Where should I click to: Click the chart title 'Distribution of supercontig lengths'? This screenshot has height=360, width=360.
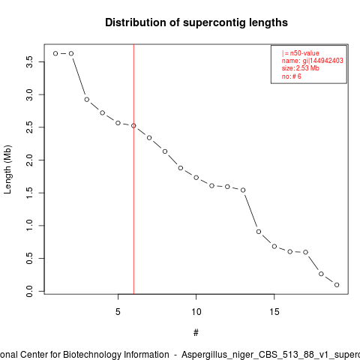click(196, 22)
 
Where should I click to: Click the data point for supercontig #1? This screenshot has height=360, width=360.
click(55, 53)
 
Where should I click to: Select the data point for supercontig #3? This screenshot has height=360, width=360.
click(87, 100)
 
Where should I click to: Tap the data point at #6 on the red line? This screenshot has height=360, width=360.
click(133, 125)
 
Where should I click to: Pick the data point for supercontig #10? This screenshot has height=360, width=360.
click(196, 178)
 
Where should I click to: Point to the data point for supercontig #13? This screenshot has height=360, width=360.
click(243, 190)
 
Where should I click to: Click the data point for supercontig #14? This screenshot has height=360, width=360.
click(259, 232)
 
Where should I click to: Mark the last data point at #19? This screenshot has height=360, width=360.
click(337, 285)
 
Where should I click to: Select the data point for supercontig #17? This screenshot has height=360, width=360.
click(305, 252)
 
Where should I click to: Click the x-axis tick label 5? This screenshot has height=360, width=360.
click(118, 312)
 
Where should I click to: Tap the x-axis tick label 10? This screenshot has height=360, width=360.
click(196, 312)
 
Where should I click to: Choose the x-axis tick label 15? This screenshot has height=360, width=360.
click(274, 312)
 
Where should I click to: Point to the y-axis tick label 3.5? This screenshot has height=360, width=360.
click(29, 61)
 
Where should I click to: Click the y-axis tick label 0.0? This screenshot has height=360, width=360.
click(29, 291)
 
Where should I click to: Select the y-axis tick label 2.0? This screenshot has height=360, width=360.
click(29, 160)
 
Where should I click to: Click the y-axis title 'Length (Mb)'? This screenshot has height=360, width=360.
click(7, 169)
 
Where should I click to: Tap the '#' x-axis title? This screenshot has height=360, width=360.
click(196, 332)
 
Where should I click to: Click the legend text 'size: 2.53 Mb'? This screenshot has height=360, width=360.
click(301, 68)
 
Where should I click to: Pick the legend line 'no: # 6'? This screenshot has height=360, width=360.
click(292, 76)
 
